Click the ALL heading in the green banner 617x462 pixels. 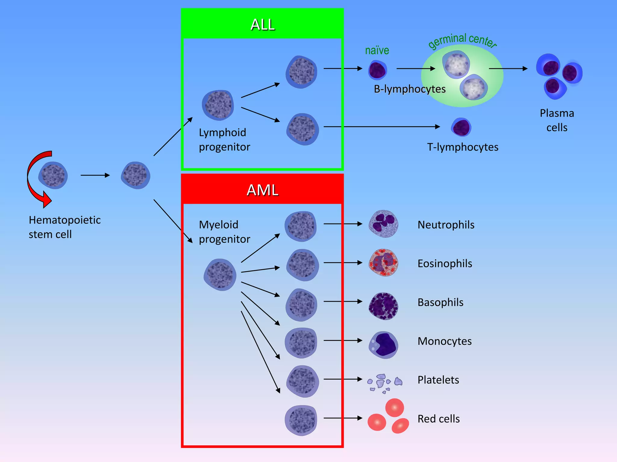[262, 25]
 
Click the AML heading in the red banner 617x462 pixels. [262, 190]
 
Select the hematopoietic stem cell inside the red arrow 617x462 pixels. [53, 175]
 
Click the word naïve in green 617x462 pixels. [377, 50]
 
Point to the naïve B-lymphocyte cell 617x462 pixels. [377, 70]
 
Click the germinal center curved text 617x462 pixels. [462, 40]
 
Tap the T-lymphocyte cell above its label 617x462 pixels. [461, 127]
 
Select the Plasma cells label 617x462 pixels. [557, 120]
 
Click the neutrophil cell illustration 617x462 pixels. [383, 224]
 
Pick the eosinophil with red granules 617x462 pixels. [383, 263]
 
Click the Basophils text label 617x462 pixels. [440, 302]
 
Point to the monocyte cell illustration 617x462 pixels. [383, 345]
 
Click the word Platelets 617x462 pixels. [438, 380]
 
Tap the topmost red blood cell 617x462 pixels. [394, 408]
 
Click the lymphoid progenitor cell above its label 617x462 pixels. [218, 105]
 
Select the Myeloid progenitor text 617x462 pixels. [224, 232]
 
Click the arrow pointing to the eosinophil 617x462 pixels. [343, 263]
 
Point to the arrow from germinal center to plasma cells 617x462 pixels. [508, 69]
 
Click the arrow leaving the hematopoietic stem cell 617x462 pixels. [95, 175]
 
